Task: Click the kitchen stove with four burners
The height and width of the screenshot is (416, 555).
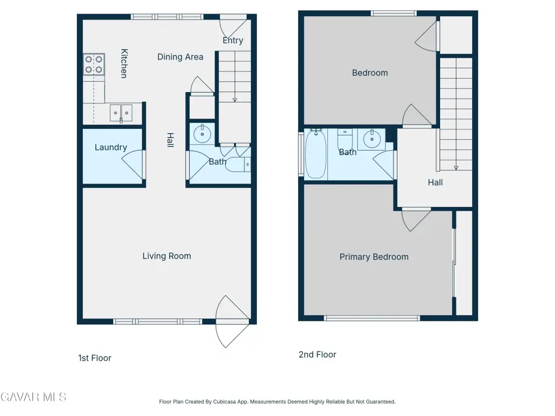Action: [94, 64]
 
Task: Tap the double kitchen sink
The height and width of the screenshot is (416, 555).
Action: [121, 113]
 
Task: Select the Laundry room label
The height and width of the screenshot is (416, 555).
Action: [111, 147]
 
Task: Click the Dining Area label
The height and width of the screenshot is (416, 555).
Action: [180, 57]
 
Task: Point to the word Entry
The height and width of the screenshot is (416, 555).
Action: [233, 40]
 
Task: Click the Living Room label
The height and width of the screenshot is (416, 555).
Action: [167, 256]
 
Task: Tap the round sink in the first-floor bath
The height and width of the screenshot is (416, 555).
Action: [202, 134]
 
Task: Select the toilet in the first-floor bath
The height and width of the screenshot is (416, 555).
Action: [238, 165]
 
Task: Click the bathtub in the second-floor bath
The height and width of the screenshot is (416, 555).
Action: [315, 154]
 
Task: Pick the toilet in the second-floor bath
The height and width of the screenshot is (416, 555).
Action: [345, 140]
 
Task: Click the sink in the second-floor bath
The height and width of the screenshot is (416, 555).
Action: [371, 139]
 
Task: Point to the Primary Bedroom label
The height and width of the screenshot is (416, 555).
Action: [374, 257]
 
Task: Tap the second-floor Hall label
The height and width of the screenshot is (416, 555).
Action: [435, 183]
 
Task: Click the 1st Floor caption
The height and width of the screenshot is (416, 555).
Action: [94, 358]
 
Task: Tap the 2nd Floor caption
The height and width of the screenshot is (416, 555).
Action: [318, 354]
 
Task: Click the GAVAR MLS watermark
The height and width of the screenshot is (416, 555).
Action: [33, 397]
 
